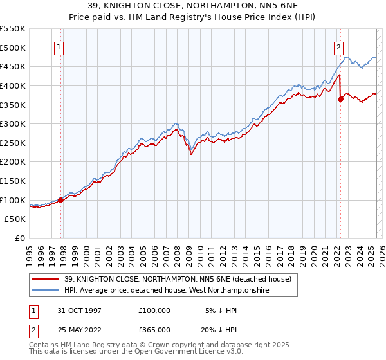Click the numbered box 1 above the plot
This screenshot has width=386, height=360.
pyautogui.click(x=59, y=46)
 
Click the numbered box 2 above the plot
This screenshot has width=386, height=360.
pyautogui.click(x=338, y=46)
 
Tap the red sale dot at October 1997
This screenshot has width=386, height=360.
pyautogui.click(x=61, y=200)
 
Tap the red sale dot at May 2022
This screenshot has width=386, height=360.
pyautogui.click(x=341, y=99)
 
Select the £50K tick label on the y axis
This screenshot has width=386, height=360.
pyautogui.click(x=15, y=219)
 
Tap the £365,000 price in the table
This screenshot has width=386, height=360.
pyautogui.click(x=154, y=329)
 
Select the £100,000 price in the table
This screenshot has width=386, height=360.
pyautogui.click(x=154, y=310)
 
